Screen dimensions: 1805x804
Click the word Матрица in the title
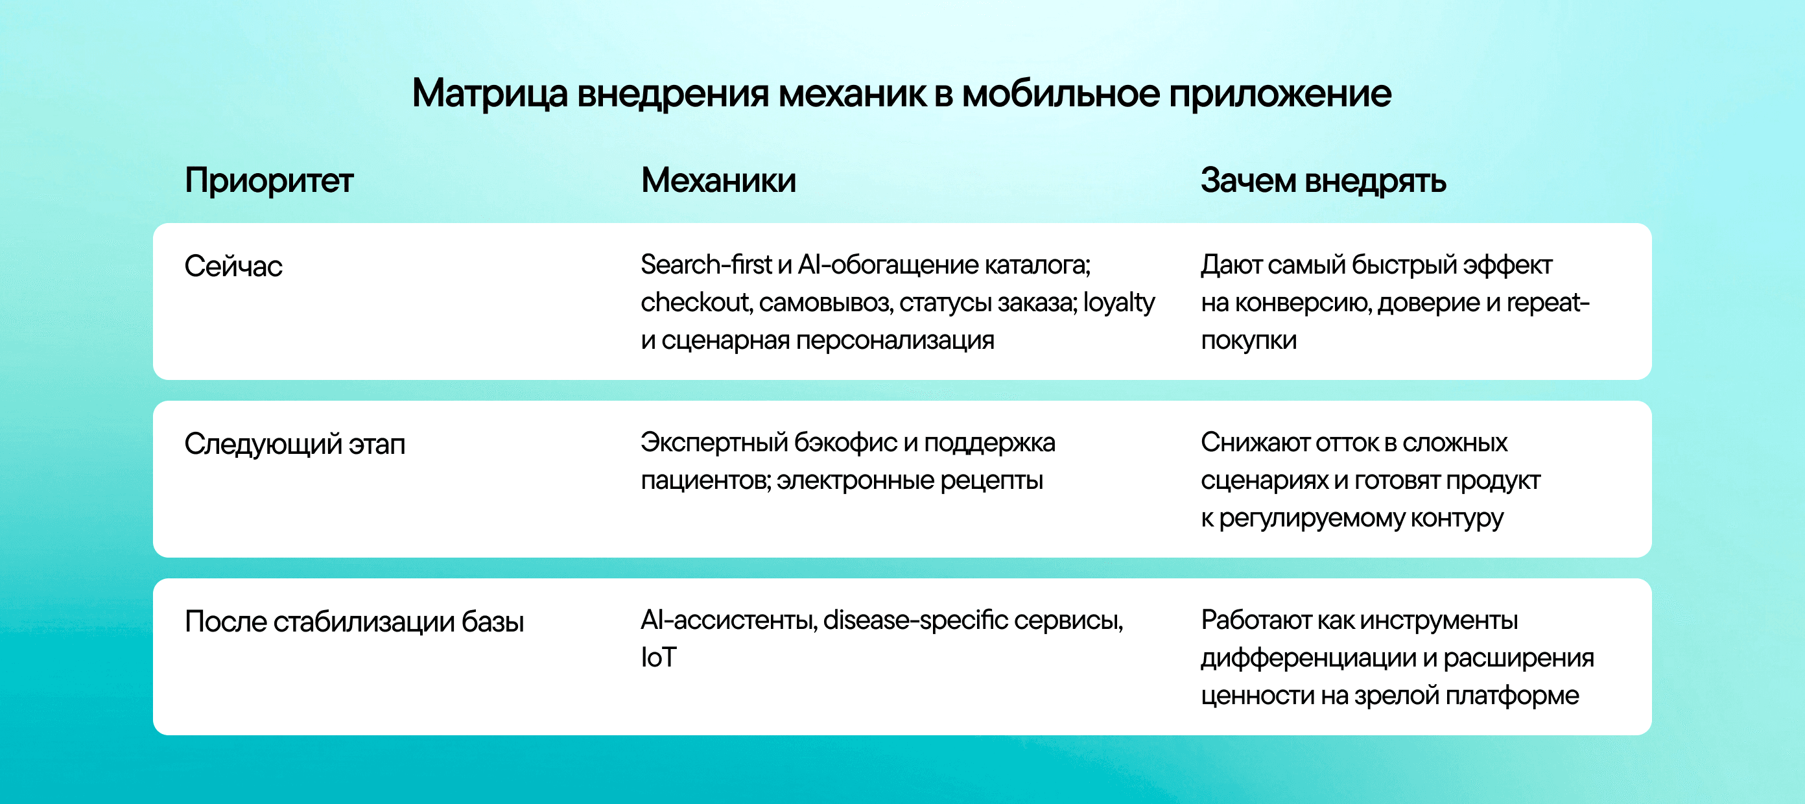tap(490, 94)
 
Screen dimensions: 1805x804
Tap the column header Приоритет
tap(269, 182)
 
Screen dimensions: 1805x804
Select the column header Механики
tap(718, 180)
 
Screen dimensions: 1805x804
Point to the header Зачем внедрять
tap(1323, 182)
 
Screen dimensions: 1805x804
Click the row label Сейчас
tap(233, 266)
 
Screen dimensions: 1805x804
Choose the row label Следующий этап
tap(295, 444)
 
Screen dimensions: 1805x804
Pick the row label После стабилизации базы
tap(355, 622)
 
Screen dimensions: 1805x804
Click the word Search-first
tap(706, 265)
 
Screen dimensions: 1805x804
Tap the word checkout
tap(696, 303)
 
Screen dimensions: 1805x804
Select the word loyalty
tap(1118, 303)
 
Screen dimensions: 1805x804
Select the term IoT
tap(659, 657)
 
